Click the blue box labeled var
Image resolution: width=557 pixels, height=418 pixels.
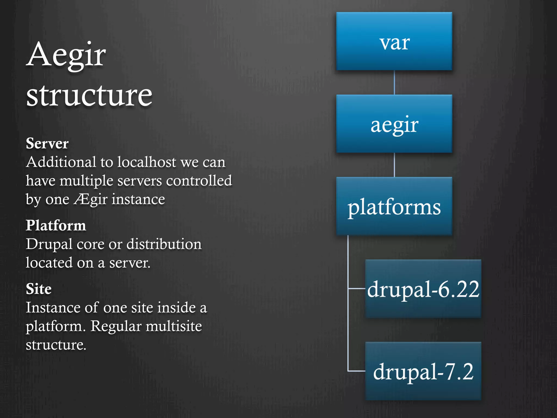(x=394, y=41)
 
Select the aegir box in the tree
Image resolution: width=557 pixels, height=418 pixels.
(x=394, y=124)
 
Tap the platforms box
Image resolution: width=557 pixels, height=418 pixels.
(x=394, y=206)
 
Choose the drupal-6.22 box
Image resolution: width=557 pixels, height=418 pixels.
(x=423, y=289)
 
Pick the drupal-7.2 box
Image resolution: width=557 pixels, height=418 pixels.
(x=423, y=371)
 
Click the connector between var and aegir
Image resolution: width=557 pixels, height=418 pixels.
(x=394, y=82)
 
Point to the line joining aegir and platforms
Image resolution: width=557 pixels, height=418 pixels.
(x=394, y=165)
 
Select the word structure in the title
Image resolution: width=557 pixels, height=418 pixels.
(x=89, y=95)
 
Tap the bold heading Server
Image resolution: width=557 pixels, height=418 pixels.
(x=47, y=143)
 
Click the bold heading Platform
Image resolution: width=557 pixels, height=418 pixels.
(x=56, y=225)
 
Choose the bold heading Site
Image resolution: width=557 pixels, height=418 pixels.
(x=39, y=289)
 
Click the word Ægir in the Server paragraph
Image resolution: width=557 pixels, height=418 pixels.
(x=91, y=199)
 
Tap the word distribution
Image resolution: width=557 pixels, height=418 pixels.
(x=164, y=244)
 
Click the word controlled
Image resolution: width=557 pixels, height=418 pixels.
(x=199, y=181)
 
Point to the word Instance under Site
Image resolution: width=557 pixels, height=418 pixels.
(x=53, y=308)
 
